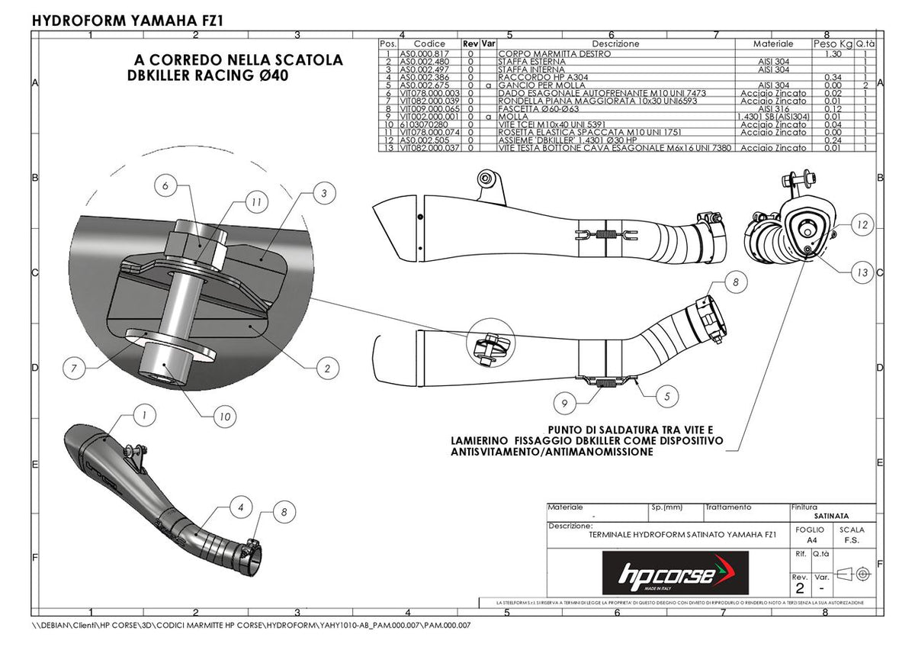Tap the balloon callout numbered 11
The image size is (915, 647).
coord(257,203)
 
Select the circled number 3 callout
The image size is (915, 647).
coord(324,194)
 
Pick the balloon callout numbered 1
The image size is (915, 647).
coord(143,414)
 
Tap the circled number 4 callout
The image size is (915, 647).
coord(240,506)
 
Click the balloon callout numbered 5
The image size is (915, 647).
coord(666,396)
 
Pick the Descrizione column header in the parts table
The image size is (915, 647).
coord(615,43)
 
